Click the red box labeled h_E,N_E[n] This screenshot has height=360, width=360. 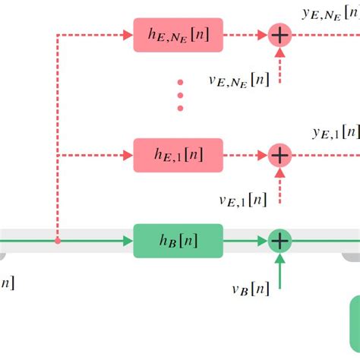point(178,35)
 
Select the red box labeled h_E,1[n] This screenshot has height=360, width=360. point(178,155)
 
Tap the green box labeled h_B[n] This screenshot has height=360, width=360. point(178,241)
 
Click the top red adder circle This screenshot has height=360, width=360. point(280,35)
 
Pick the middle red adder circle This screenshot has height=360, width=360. point(280,155)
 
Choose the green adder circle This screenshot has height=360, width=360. point(280,241)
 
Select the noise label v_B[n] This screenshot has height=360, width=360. point(251,288)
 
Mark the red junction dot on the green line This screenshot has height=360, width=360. point(58,241)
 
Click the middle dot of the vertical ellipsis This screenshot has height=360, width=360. point(180,95)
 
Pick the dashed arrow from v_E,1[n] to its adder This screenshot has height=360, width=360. point(280,185)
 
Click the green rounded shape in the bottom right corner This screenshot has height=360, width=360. point(354,327)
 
